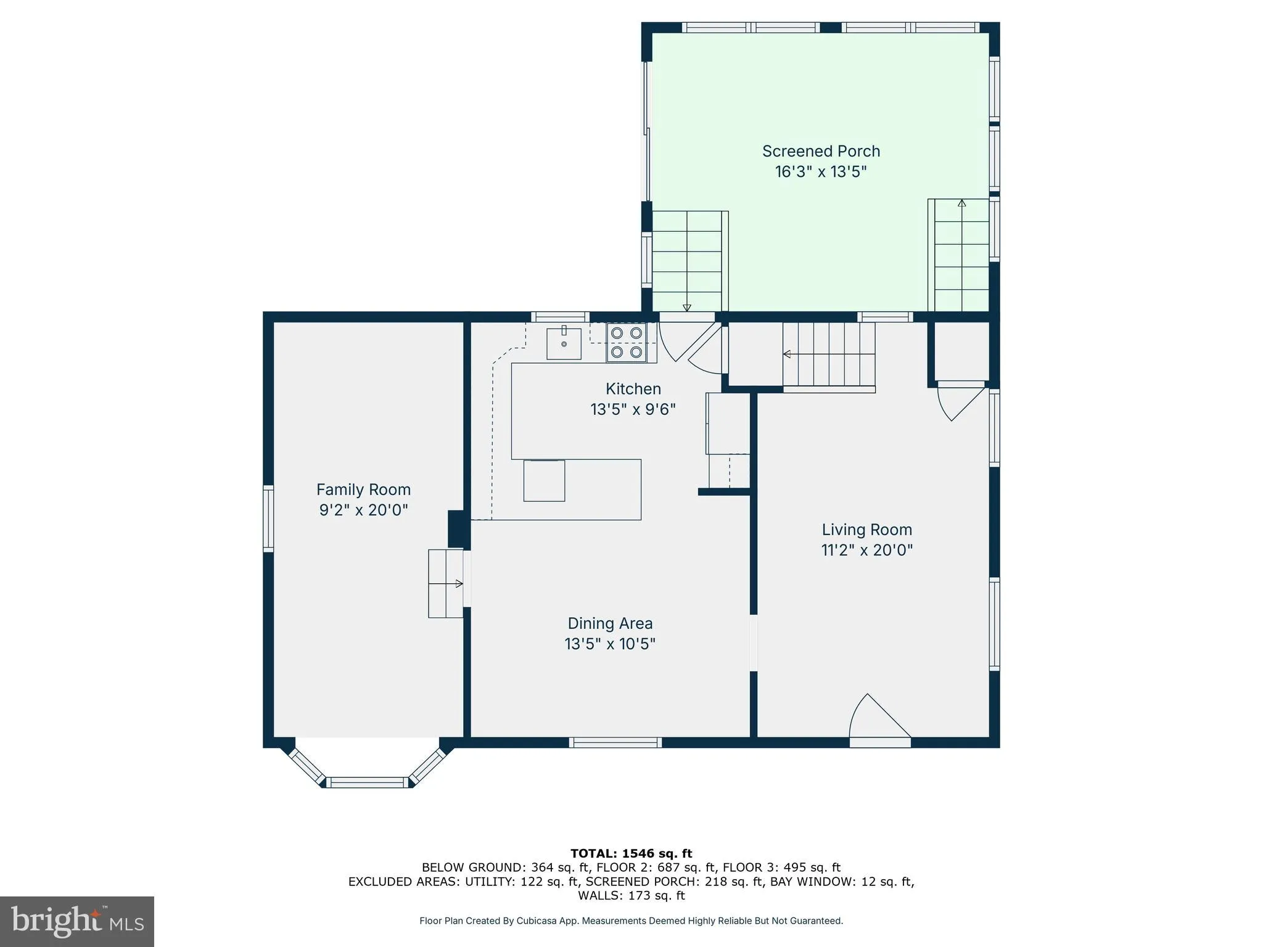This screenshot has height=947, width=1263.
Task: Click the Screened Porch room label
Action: pyautogui.click(x=820, y=151)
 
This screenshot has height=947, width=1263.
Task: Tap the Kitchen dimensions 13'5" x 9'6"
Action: pyautogui.click(x=633, y=409)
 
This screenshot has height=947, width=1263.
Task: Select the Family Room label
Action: pyautogui.click(x=363, y=490)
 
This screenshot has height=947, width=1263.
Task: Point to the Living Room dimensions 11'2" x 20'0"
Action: pyautogui.click(x=866, y=550)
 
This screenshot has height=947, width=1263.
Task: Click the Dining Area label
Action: pyautogui.click(x=610, y=623)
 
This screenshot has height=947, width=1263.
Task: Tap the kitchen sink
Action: pyautogui.click(x=564, y=343)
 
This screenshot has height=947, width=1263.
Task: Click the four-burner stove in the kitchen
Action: pyautogui.click(x=626, y=342)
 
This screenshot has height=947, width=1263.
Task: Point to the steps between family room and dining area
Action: pyautogui.click(x=445, y=583)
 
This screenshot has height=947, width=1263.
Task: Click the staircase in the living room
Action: pyautogui.click(x=828, y=355)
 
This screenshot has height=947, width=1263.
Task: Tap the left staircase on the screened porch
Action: pyautogui.click(x=687, y=261)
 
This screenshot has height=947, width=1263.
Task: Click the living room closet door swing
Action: pyautogui.click(x=958, y=400)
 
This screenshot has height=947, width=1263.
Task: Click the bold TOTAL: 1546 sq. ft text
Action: pyautogui.click(x=631, y=853)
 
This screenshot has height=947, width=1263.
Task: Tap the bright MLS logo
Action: pyautogui.click(x=76, y=921)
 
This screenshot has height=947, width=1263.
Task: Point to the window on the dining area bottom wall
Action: pyautogui.click(x=615, y=742)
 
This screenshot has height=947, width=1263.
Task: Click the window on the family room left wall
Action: pyautogui.click(x=268, y=518)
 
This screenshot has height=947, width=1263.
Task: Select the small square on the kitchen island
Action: pyautogui.click(x=544, y=480)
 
